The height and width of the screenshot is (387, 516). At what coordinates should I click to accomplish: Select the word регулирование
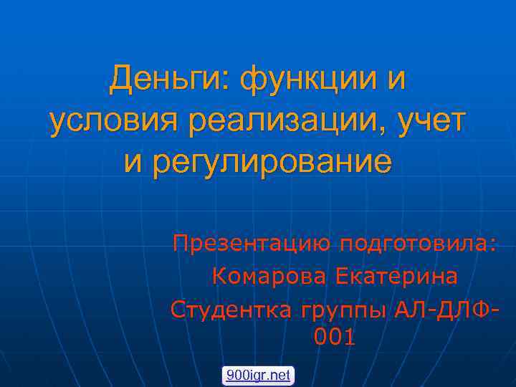pos(272,162)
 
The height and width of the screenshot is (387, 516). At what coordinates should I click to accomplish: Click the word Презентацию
pos(251,244)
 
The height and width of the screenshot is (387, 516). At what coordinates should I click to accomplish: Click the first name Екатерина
pos(398,275)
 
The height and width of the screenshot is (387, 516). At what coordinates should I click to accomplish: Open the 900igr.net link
pos(257,374)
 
